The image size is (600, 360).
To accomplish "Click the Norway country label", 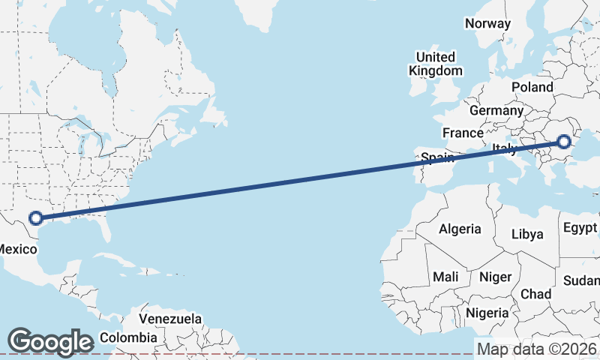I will pos(487,23).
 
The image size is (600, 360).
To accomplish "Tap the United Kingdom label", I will pos(436,64).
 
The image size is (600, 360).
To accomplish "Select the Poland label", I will pos(532,87).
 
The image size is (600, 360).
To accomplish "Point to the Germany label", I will pos(496,110).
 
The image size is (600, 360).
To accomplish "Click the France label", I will pos(463,133).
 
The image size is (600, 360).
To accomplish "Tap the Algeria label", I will pos(460,229).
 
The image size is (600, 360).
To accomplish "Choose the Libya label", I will pos(526,234).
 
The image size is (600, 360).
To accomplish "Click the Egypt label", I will pos(580,227).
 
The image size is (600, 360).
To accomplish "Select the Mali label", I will pos(445,277).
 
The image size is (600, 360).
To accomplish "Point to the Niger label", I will pos(494,277).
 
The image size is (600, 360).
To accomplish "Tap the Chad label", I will pos(535,294).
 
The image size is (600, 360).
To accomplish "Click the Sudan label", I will pos(583,280).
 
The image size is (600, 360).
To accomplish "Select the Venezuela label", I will pos(170,319).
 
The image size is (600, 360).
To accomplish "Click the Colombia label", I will pos(129,337).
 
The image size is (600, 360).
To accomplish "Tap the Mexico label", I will pos(16,247).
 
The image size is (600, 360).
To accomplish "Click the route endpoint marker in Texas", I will pos(34,219).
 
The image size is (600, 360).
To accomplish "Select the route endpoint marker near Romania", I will pos(563,142).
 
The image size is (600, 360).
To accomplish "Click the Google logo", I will pos(50,341).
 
